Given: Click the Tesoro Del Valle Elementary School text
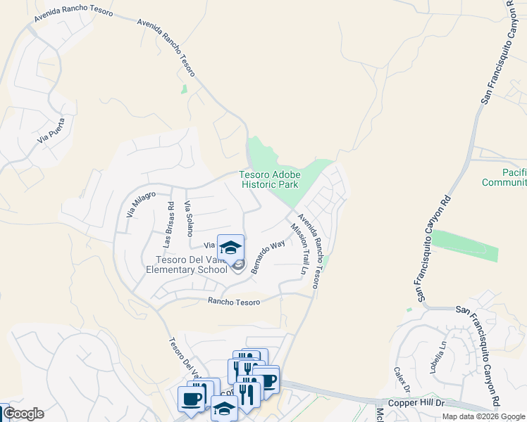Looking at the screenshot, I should (x=187, y=264).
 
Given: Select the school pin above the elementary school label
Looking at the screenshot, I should (x=230, y=248).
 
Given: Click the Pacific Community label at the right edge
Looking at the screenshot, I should (x=504, y=177).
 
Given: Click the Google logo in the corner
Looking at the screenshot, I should (x=23, y=414).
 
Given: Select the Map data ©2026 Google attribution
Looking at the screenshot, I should (x=483, y=416).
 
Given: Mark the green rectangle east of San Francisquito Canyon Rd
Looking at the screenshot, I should (x=465, y=245).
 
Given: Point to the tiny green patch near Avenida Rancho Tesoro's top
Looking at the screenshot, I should (x=184, y=89).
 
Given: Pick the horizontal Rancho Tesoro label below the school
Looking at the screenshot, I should (x=234, y=302).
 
